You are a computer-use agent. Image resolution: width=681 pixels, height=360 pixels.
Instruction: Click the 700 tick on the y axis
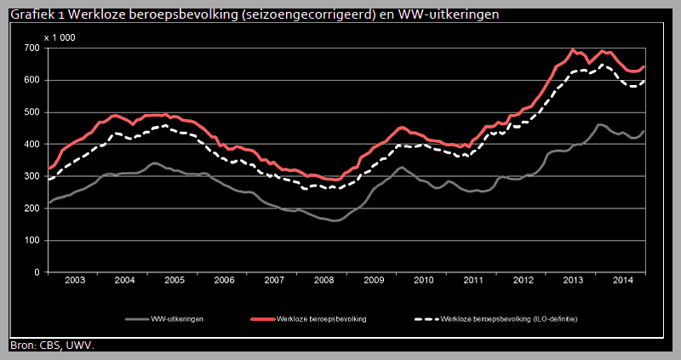(x=31, y=49)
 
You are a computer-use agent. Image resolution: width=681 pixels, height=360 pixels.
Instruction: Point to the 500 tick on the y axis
(x=31, y=112)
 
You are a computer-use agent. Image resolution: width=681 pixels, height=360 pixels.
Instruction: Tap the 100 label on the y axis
(x=31, y=241)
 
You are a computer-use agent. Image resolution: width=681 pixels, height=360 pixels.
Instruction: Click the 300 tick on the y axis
(x=31, y=177)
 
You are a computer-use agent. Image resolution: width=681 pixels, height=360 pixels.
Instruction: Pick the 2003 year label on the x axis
(x=74, y=280)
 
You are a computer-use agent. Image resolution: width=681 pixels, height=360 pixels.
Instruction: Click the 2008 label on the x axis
(x=324, y=280)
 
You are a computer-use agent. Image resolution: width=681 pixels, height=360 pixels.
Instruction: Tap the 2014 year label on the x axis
(x=623, y=280)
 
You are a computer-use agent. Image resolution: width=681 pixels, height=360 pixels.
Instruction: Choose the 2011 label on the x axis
(x=473, y=280)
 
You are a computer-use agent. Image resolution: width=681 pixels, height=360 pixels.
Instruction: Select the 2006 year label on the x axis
(x=224, y=280)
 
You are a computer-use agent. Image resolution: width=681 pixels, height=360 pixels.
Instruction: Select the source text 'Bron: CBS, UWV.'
(x=51, y=345)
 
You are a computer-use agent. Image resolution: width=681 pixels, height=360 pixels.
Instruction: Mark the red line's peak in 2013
(x=573, y=49)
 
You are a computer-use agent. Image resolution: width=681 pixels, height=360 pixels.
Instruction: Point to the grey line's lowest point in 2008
(x=333, y=221)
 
